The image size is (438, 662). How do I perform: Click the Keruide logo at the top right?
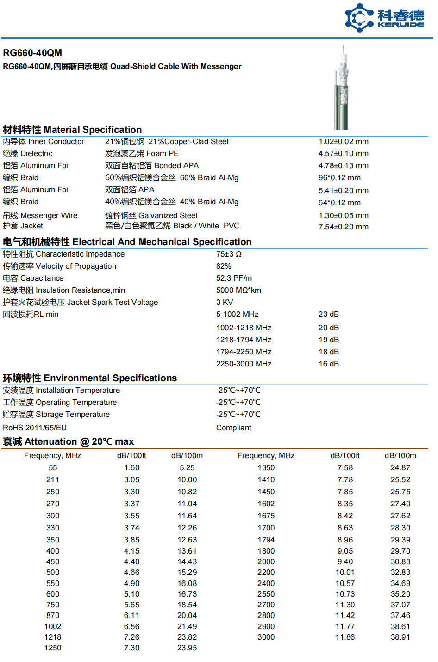tap(384, 18)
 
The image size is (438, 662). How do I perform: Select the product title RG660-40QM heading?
tap(32, 53)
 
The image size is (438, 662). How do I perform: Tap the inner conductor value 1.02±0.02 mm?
tap(343, 142)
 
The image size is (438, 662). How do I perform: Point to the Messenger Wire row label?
tap(40, 215)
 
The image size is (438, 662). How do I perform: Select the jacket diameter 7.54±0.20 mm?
tap(343, 227)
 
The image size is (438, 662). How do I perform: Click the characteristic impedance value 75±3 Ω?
tap(229, 254)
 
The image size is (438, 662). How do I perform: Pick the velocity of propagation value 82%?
tap(224, 266)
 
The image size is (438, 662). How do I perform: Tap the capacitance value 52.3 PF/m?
tap(234, 278)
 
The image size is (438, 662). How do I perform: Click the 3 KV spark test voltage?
tap(225, 303)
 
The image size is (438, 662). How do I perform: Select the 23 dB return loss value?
tap(329, 315)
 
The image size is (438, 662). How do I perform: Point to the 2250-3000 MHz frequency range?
tap(244, 364)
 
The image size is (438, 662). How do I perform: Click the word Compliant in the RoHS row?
tap(233, 428)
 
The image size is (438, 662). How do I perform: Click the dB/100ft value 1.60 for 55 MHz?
tap(131, 468)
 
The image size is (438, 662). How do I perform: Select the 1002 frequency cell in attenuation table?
tap(53, 626)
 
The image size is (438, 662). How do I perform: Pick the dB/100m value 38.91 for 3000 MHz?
tap(400, 637)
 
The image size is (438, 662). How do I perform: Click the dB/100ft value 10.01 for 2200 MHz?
tap(345, 573)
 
